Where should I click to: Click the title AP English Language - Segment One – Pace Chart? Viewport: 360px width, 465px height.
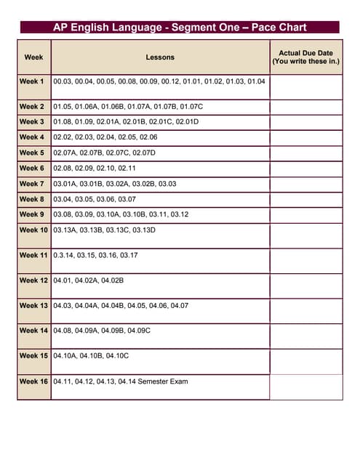point(180,28)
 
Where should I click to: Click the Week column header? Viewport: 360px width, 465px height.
point(33,57)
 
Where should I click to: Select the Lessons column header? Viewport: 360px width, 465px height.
point(160,57)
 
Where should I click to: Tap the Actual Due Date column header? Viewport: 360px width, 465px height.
point(305,57)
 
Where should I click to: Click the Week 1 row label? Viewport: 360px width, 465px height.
point(32,81)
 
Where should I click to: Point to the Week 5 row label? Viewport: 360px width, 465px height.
point(32,153)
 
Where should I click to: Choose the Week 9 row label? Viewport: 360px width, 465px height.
point(32,214)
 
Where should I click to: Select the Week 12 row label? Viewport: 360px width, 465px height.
point(33,280)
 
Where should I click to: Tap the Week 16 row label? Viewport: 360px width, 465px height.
point(33,381)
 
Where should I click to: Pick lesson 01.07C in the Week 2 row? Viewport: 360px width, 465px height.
point(191,107)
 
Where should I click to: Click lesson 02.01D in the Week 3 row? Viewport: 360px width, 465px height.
point(187,121)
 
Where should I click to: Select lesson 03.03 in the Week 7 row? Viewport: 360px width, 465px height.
point(167,184)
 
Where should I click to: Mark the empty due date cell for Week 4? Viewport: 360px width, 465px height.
point(305,137)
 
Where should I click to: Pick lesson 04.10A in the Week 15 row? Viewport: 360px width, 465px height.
point(65,355)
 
